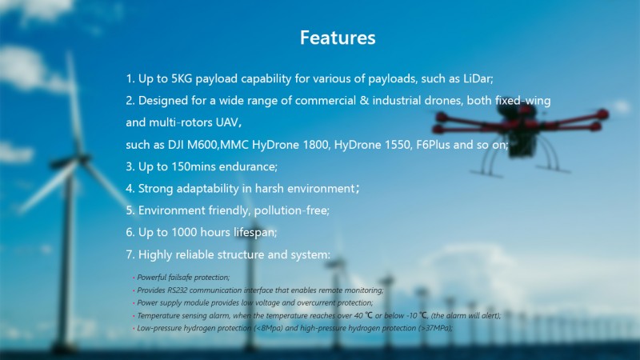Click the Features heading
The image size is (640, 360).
[338, 38]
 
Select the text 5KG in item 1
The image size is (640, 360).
[182, 78]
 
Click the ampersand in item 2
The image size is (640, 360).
[364, 101]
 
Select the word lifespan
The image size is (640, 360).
[255, 233]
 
